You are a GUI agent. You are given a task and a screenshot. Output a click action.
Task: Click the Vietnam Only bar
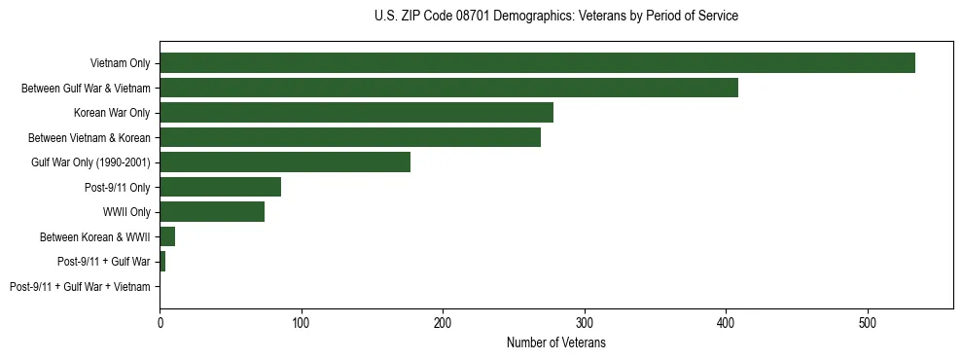[537, 63]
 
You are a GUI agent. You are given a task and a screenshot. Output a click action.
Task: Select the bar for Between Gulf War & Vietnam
[448, 89]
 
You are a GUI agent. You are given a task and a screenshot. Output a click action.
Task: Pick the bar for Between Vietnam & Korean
[350, 138]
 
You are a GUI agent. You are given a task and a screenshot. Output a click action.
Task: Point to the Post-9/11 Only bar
[220, 187]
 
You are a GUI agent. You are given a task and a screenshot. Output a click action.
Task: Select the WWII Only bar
[212, 212]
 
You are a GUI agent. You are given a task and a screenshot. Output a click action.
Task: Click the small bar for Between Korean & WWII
[167, 236]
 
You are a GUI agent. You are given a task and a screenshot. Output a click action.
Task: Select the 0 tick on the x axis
[160, 322]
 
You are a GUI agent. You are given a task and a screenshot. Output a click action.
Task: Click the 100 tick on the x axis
[302, 322]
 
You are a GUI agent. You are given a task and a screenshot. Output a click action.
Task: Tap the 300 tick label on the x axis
[585, 322]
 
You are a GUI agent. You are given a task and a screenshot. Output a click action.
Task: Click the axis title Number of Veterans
[556, 342]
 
